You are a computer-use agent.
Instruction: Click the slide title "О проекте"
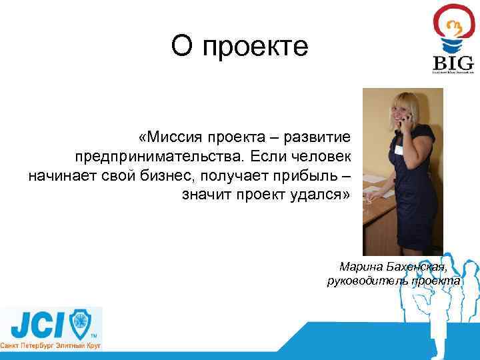point(239,47)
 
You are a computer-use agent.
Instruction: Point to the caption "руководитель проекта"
point(393,281)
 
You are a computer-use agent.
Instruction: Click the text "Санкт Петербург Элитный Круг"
point(50,347)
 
